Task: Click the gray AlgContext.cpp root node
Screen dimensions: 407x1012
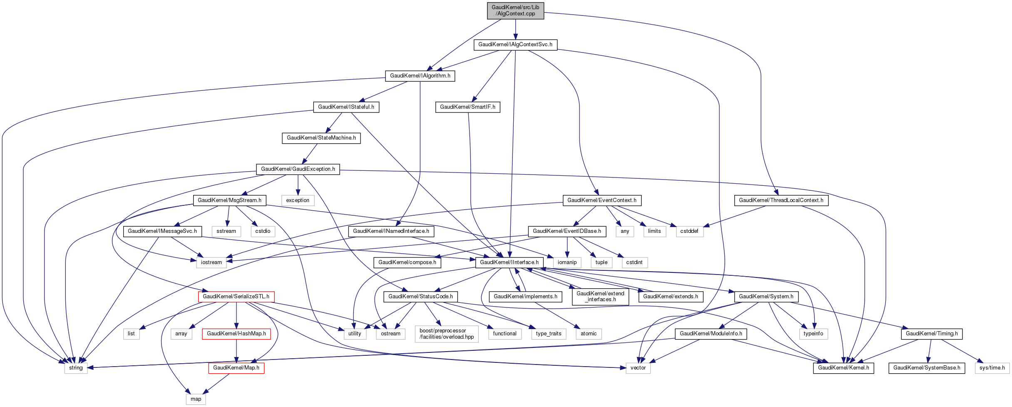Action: (515, 10)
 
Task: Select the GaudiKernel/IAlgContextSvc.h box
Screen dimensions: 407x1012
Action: (515, 45)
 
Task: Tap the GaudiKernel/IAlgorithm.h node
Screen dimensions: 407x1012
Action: (420, 76)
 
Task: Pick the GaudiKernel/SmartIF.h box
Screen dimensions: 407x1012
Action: (467, 107)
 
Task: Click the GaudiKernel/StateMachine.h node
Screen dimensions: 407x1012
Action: (321, 138)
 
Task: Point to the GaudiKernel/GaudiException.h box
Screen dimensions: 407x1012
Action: (298, 169)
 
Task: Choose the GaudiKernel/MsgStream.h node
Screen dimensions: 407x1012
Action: (229, 200)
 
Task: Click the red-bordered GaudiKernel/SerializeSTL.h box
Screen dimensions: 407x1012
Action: (236, 297)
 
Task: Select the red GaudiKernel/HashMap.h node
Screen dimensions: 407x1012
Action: (236, 334)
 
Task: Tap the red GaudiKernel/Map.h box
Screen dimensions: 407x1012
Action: (236, 368)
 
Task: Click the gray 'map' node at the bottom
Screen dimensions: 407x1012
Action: (196, 399)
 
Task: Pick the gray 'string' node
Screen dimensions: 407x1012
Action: (76, 368)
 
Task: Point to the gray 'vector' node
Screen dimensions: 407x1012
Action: (638, 368)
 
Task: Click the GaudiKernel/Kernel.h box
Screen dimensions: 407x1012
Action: (843, 368)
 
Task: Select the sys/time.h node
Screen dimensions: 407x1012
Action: (992, 368)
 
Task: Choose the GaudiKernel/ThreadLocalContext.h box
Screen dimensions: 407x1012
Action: (781, 200)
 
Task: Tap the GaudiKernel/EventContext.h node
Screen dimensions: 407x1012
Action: (602, 200)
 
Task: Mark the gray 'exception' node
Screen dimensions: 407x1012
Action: (298, 200)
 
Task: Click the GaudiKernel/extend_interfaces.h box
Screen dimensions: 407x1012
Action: (600, 297)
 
